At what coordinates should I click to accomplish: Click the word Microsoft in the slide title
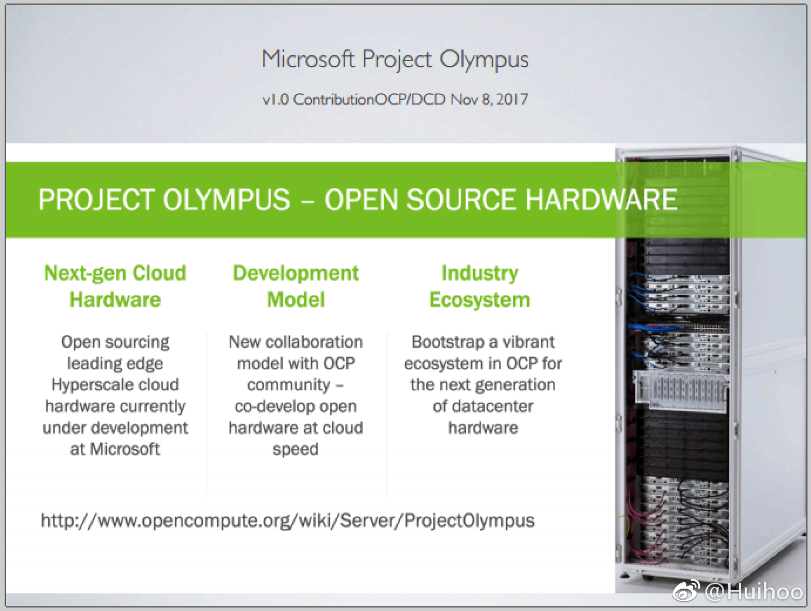(308, 59)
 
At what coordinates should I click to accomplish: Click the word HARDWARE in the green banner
(602, 200)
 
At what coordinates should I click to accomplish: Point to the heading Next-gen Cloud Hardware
(115, 286)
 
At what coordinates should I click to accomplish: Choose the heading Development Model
(296, 286)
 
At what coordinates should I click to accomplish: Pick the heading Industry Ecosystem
(479, 286)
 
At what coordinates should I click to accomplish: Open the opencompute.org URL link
(288, 521)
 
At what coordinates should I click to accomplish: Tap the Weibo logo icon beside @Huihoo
(686, 591)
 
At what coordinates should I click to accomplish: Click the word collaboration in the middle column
(314, 342)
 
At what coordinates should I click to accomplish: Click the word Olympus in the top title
(484, 60)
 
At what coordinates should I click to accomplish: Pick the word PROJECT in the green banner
(96, 200)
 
